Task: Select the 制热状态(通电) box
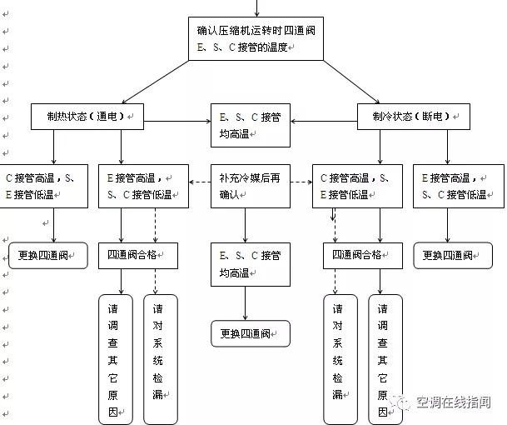tap(86, 117)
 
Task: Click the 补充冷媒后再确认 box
tap(244, 186)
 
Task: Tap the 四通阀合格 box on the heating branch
tap(137, 255)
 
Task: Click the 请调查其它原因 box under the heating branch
tap(115, 358)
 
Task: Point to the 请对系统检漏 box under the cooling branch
tap(340, 358)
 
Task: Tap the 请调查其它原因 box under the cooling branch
tap(385, 358)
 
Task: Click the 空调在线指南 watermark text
tap(453, 402)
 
